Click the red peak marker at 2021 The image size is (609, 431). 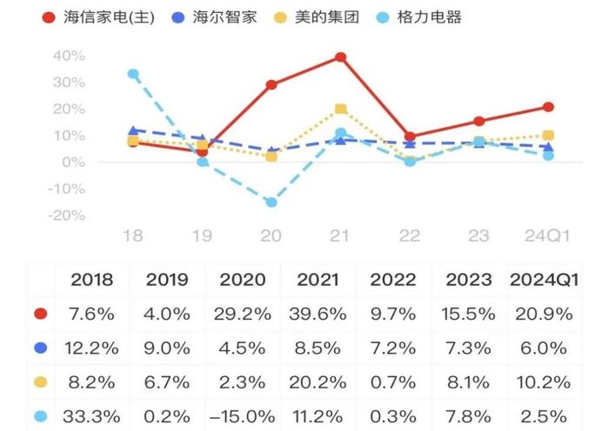[341, 57]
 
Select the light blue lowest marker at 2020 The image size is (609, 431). [271, 202]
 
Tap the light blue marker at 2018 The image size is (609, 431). [133, 74]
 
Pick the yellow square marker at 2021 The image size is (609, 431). [341, 109]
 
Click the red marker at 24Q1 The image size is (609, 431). [548, 107]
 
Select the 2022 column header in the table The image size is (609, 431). [393, 280]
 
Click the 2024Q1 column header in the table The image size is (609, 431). [544, 280]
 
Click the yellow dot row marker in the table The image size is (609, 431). [39, 381]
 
